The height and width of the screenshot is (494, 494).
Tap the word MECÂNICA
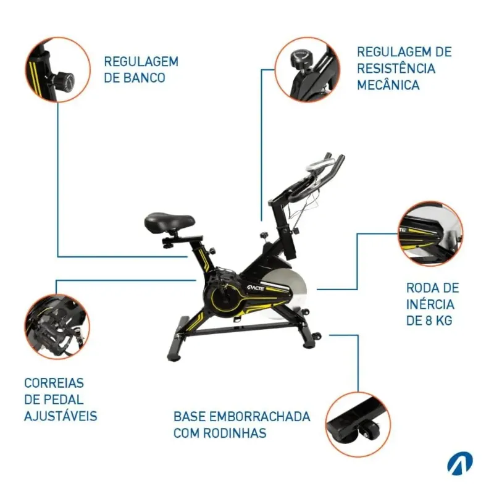point(388,85)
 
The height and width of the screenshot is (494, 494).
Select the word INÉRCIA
point(430,304)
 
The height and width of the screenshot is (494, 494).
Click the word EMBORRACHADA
point(260,416)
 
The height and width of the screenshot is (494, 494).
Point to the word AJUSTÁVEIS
point(61,416)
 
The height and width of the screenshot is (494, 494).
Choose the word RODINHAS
point(235,433)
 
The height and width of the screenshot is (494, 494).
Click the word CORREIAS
point(54,383)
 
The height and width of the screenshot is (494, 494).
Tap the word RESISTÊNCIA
point(396,69)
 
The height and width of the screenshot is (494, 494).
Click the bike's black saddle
point(169,222)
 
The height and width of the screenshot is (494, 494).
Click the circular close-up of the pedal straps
point(57,327)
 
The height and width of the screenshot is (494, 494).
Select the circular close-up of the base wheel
point(358,424)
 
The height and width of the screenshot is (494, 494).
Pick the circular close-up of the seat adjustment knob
point(57,70)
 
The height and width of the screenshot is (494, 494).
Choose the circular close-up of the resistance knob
point(308,70)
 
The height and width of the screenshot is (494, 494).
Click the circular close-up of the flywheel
point(430,234)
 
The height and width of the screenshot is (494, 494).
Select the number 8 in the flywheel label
point(429,320)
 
